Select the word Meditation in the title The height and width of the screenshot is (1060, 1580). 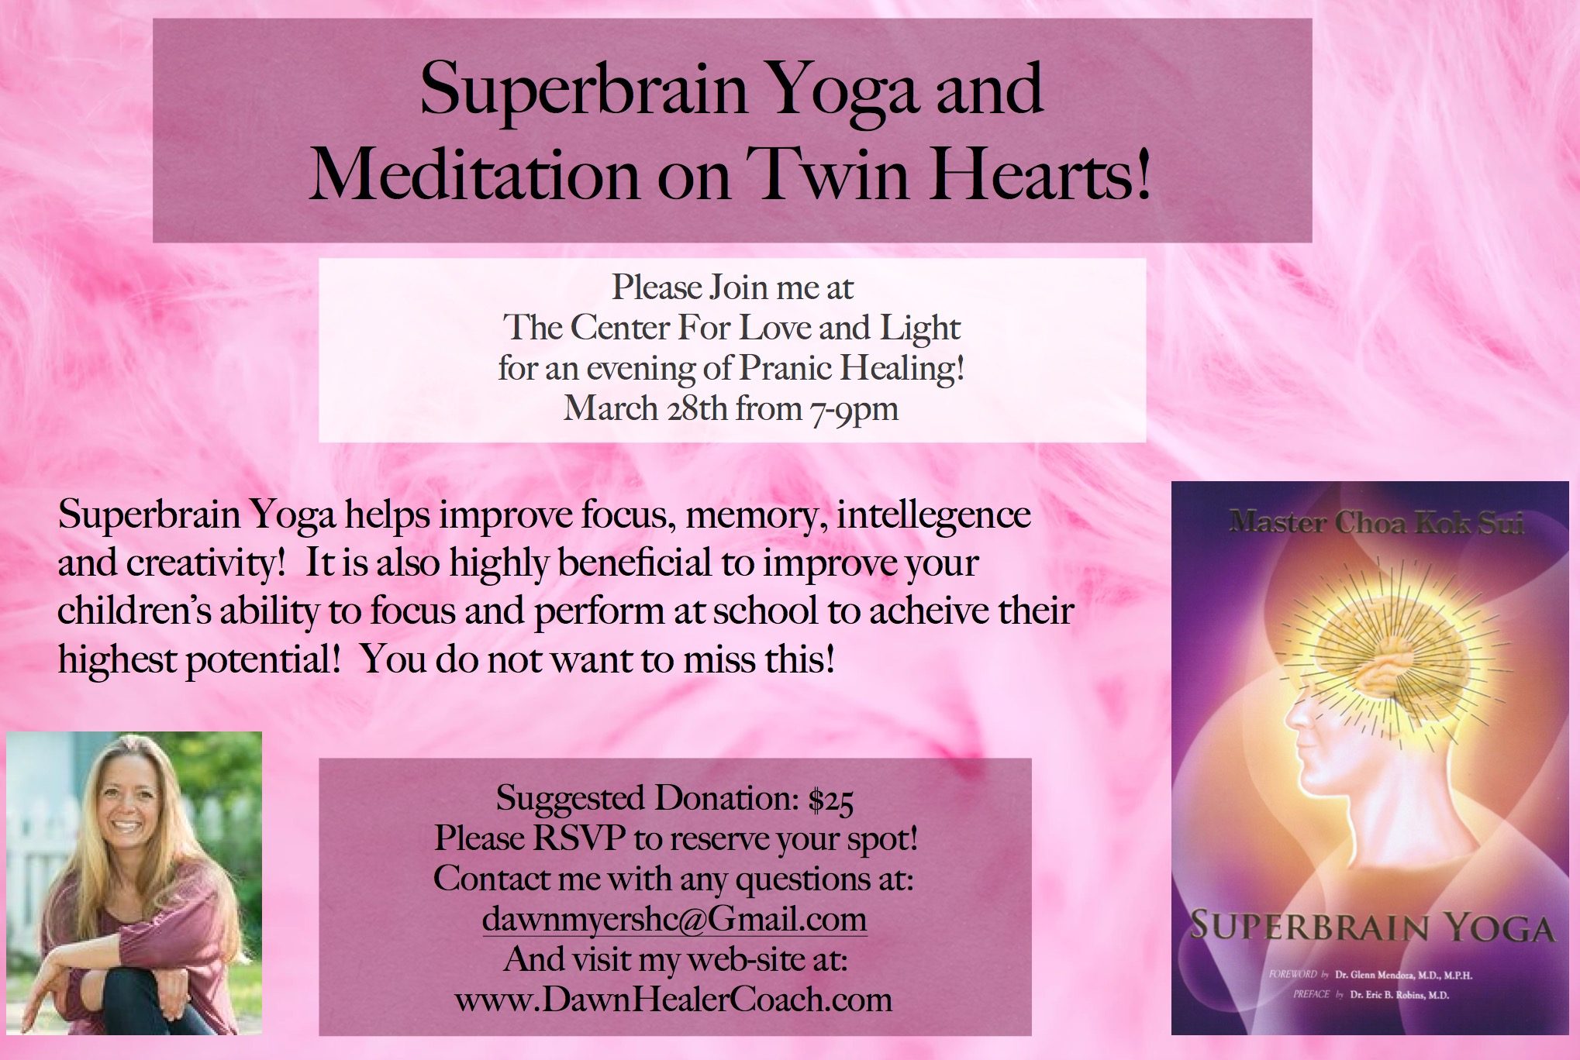tap(474, 174)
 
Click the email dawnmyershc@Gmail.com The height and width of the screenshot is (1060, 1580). tap(674, 920)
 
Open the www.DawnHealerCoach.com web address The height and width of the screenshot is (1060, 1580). tap(674, 1000)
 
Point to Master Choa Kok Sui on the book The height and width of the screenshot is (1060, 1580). tap(1376, 523)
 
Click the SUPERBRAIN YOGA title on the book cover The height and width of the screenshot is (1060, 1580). tap(1372, 927)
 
